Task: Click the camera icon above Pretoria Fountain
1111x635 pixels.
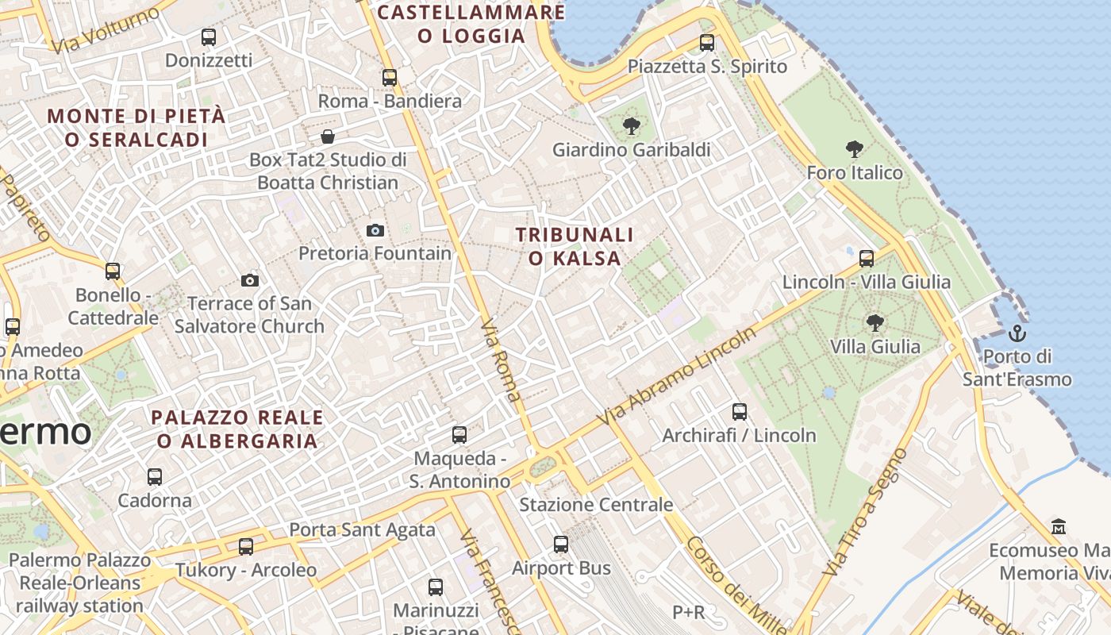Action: (x=375, y=231)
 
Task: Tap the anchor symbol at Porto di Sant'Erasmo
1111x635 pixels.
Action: (x=1017, y=333)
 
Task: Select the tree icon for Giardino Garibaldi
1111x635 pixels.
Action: (x=632, y=125)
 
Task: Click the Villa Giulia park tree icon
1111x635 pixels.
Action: (x=875, y=322)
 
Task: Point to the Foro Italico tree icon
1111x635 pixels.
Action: (x=855, y=148)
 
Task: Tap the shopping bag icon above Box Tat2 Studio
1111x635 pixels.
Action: (x=328, y=137)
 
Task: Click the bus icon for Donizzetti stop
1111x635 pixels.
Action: (x=209, y=37)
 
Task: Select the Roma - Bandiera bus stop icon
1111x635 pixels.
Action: (x=390, y=78)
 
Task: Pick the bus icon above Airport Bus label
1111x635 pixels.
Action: (x=561, y=545)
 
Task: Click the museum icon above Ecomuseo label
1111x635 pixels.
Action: (x=1059, y=527)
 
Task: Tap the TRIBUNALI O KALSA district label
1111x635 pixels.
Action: (x=575, y=247)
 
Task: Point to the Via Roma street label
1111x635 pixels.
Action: (x=502, y=360)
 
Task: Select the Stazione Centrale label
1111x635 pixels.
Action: (x=596, y=505)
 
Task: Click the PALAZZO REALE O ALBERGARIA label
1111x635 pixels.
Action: (x=237, y=429)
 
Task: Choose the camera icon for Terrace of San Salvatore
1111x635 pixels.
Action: (x=250, y=281)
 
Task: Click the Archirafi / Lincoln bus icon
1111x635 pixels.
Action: (x=740, y=412)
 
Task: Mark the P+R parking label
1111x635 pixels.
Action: (x=688, y=612)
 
